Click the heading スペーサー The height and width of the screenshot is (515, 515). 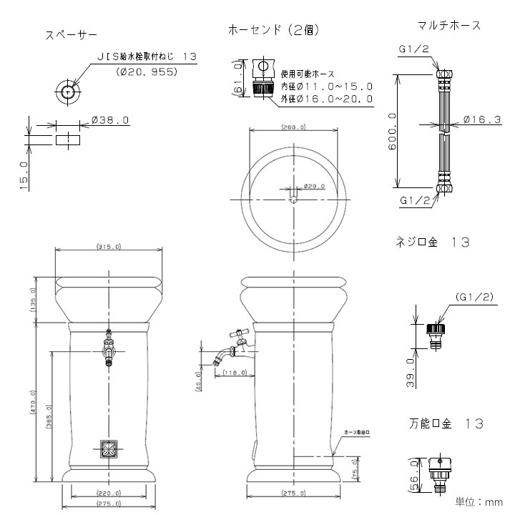pyautogui.click(x=72, y=34)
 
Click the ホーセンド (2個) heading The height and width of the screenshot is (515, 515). pyautogui.click(x=273, y=30)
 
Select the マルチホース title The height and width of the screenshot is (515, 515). pyautogui.click(x=448, y=25)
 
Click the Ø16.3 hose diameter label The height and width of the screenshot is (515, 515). pyautogui.click(x=481, y=120)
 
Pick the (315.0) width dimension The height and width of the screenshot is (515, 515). pyautogui.click(x=107, y=247)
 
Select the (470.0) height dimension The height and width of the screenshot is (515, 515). pyautogui.click(x=33, y=404)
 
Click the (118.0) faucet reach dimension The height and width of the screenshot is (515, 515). pyautogui.click(x=234, y=373)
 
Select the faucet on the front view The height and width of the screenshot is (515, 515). pyautogui.click(x=108, y=348)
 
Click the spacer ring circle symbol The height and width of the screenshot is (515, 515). pyautogui.click(x=67, y=92)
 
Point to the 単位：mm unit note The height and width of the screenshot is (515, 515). pyautogui.click(x=480, y=502)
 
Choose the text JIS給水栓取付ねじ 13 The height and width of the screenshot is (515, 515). pyautogui.click(x=147, y=56)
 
